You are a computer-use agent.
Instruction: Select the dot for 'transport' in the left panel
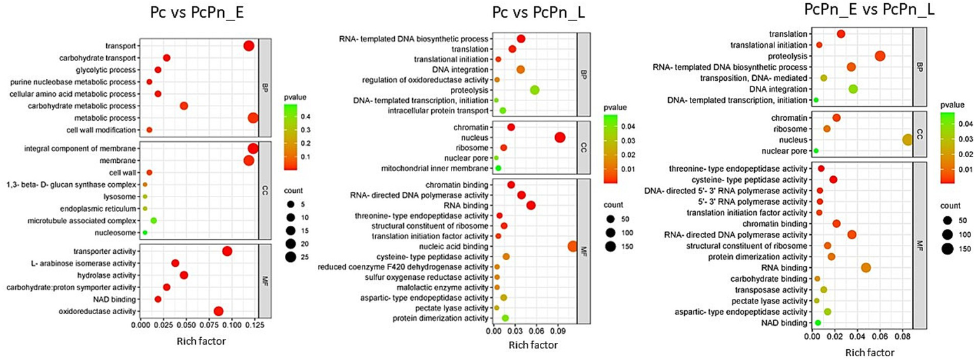pyautogui.click(x=249, y=46)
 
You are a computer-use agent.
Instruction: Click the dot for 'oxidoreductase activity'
pyautogui.click(x=219, y=312)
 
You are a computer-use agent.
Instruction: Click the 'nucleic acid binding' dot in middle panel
pyautogui.click(x=571, y=247)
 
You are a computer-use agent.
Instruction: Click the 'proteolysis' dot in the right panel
pyautogui.click(x=880, y=56)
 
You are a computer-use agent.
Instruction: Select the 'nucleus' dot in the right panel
pyautogui.click(x=907, y=140)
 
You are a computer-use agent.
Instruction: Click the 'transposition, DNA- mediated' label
pyautogui.click(x=753, y=78)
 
